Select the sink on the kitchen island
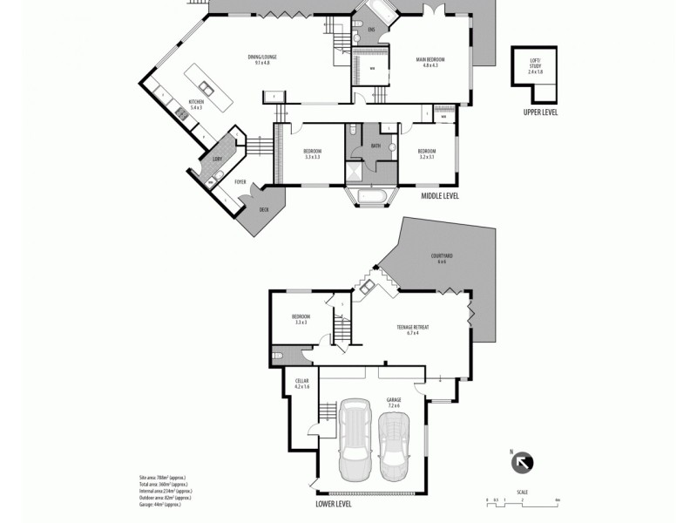click(x=206, y=87)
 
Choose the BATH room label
click(x=376, y=146)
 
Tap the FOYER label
click(x=241, y=182)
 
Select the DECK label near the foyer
click(x=263, y=210)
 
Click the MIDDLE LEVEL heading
click(x=440, y=197)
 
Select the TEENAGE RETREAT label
click(x=412, y=329)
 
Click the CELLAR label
click(x=302, y=383)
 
